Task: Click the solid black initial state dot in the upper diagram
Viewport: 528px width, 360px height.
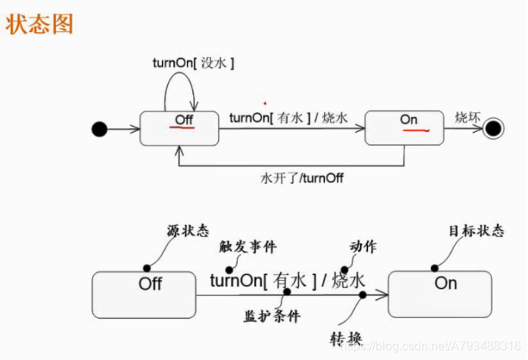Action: pos(98,130)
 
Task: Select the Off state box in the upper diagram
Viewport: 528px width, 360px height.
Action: pos(179,127)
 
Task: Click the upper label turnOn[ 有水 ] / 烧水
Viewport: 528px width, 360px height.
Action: pos(288,118)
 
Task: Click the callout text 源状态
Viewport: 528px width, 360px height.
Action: pos(188,231)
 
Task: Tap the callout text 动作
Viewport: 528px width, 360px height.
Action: pos(362,246)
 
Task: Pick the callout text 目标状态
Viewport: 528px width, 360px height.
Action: pos(477,231)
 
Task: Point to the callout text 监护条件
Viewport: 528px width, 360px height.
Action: pos(272,315)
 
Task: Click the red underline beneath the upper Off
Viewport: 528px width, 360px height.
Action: pos(181,128)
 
